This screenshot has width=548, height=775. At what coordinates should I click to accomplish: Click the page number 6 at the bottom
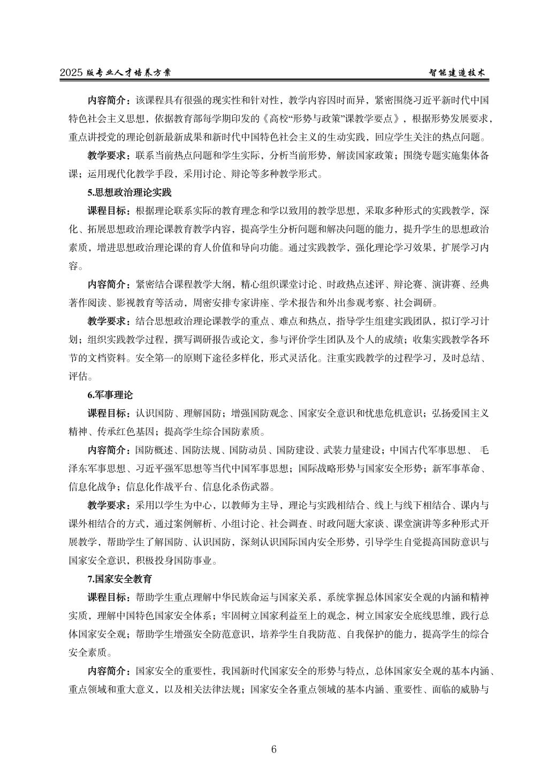pyautogui.click(x=273, y=749)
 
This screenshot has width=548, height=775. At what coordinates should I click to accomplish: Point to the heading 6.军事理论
pyautogui.click(x=110, y=395)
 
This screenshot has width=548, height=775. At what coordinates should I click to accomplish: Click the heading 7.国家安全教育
pyautogui.click(x=120, y=579)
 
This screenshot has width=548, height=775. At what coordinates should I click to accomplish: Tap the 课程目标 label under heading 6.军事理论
pyautogui.click(x=108, y=413)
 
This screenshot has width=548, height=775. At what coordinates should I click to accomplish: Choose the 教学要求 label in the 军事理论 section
pyautogui.click(x=108, y=505)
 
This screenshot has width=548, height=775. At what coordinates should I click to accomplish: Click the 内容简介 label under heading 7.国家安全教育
pyautogui.click(x=108, y=671)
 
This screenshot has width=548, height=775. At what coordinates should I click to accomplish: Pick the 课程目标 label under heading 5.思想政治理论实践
pyautogui.click(x=108, y=209)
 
